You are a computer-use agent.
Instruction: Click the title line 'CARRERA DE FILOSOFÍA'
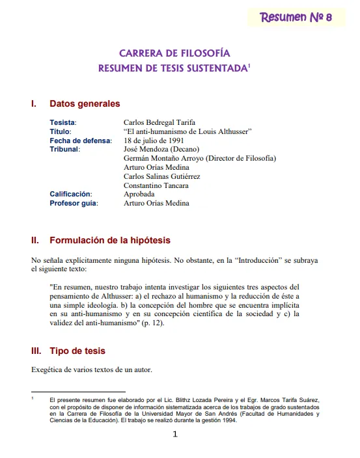coord(174,53)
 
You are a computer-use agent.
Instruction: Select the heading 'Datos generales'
coord(85,103)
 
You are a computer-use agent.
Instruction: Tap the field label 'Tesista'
coord(63,122)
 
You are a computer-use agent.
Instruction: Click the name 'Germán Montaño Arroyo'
coord(167,158)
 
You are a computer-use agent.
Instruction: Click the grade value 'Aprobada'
coord(139,194)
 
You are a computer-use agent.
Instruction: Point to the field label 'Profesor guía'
coord(74,203)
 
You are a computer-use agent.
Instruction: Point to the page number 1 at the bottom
coord(174,435)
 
